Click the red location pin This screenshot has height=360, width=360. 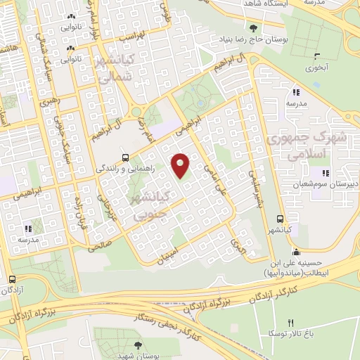click(181, 165)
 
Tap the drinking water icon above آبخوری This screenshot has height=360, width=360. click(317, 56)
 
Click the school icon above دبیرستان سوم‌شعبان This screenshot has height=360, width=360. click(325, 173)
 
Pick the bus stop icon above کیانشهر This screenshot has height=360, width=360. click(281, 218)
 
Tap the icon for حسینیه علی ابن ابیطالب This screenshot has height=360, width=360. click(297, 252)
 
